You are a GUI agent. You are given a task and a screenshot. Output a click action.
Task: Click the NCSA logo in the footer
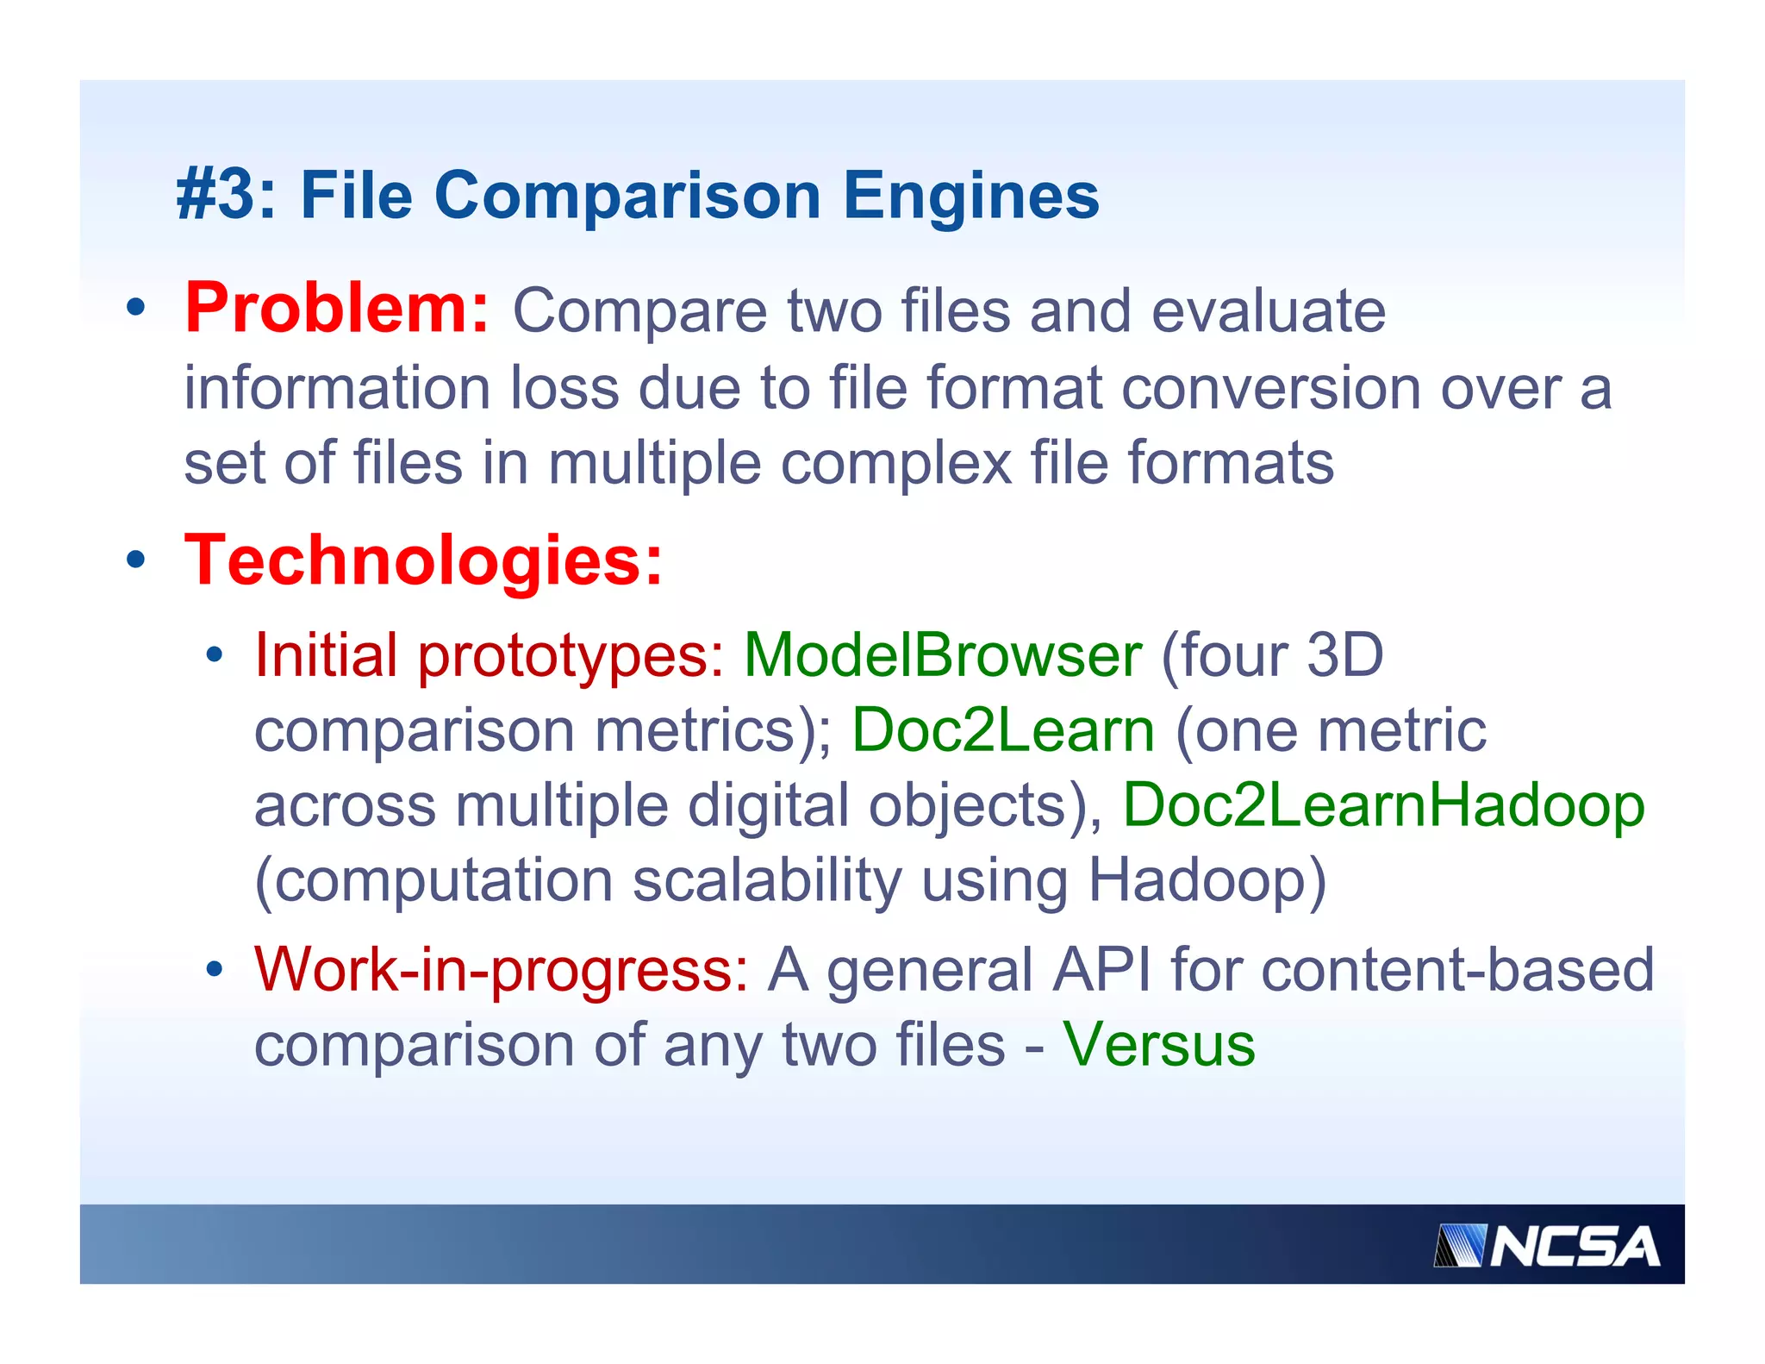point(1546,1246)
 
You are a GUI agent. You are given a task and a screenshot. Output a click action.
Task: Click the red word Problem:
point(337,308)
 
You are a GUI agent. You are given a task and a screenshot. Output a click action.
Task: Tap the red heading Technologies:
point(423,560)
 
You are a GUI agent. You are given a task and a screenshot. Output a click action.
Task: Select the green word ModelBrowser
point(943,655)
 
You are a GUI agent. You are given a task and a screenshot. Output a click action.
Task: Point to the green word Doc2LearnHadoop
point(1383,805)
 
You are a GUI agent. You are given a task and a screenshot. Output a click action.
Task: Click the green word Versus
point(1158,1044)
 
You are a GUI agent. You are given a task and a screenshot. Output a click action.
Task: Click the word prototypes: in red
point(571,655)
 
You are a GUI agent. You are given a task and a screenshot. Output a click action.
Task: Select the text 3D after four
point(1345,655)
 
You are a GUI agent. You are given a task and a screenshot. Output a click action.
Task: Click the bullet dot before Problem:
point(135,308)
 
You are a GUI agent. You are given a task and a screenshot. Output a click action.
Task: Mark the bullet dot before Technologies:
point(135,560)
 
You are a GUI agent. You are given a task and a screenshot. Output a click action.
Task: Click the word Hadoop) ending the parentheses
point(1207,880)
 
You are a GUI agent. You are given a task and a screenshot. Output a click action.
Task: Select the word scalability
point(767,880)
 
